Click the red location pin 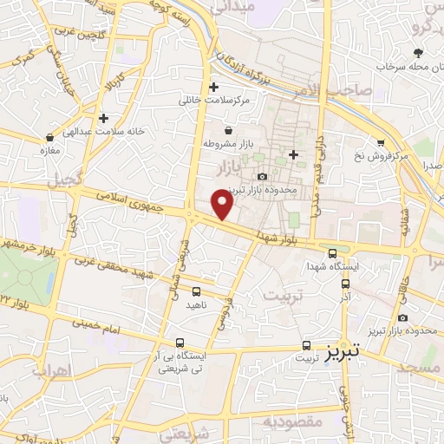point(223,204)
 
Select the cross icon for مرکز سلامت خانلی point(213,87)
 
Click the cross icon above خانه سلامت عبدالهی point(104,118)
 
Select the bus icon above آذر point(346,283)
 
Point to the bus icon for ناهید point(197,291)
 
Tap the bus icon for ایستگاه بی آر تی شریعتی point(180,343)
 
